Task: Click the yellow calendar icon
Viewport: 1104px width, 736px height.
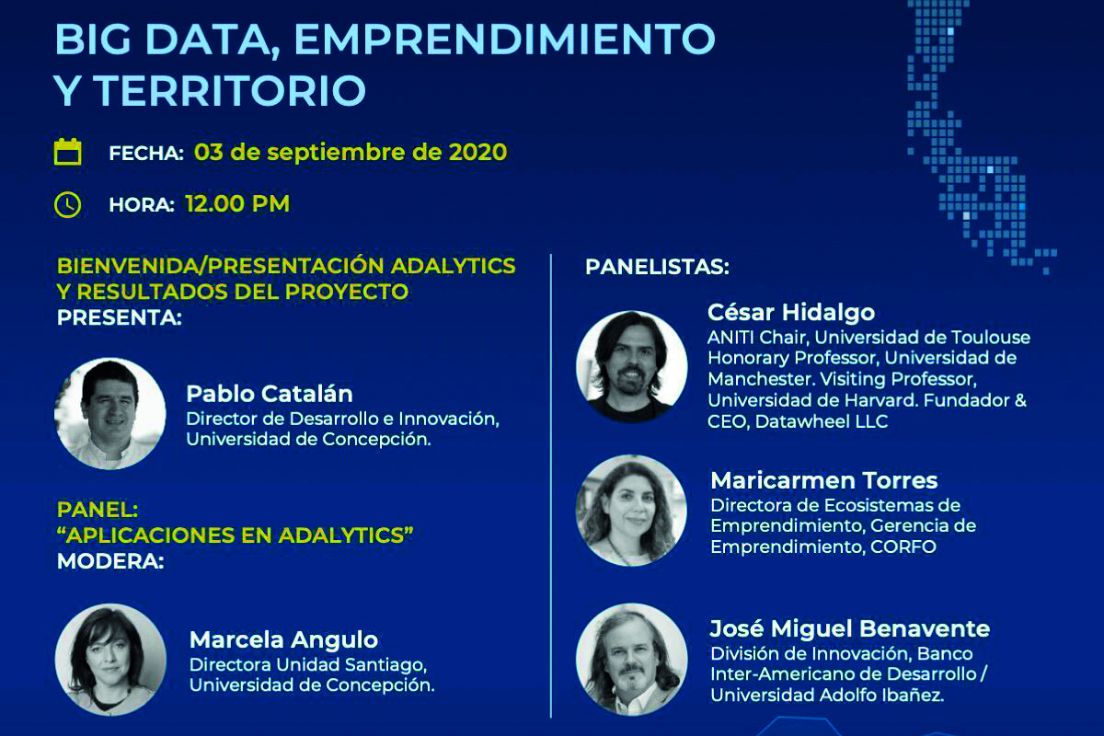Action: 67,152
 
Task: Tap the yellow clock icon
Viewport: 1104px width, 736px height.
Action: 67,204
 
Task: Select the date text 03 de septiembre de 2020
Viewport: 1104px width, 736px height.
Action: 351,152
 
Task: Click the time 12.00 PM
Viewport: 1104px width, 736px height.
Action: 237,203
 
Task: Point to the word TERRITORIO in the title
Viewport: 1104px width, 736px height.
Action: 230,90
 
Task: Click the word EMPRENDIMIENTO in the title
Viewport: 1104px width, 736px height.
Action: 505,39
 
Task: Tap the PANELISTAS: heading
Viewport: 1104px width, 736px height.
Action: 657,267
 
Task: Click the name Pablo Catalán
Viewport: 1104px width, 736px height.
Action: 270,394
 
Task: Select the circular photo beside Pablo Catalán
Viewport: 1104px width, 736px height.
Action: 109,413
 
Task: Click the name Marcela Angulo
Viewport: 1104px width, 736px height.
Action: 284,639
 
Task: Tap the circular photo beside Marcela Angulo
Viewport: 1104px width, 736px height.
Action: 110,659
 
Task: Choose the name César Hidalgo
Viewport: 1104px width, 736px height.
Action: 791,312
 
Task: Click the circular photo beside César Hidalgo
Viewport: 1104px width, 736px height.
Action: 632,366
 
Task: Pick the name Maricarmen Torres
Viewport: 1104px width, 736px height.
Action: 824,480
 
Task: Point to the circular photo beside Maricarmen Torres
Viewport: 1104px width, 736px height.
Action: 631,511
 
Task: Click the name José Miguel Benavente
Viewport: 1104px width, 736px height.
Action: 850,628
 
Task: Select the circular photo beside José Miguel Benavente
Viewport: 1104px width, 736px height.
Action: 632,659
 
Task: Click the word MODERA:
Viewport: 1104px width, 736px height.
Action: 110,561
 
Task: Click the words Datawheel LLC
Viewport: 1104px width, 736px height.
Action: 822,421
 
